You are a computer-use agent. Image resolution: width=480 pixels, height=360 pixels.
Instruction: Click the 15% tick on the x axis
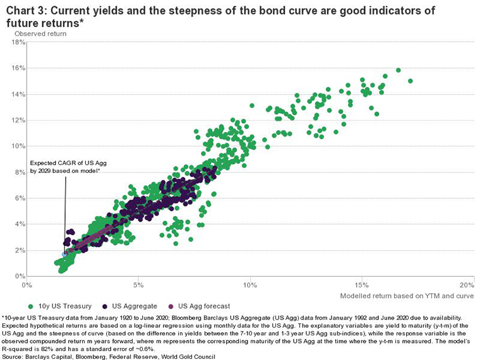click(x=362, y=285)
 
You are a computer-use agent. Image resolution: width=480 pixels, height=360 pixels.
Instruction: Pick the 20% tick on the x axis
click(x=466, y=285)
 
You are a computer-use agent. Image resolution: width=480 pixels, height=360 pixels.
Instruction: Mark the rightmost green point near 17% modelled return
click(x=411, y=81)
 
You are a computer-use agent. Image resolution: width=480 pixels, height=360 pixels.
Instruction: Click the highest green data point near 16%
click(x=399, y=70)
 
